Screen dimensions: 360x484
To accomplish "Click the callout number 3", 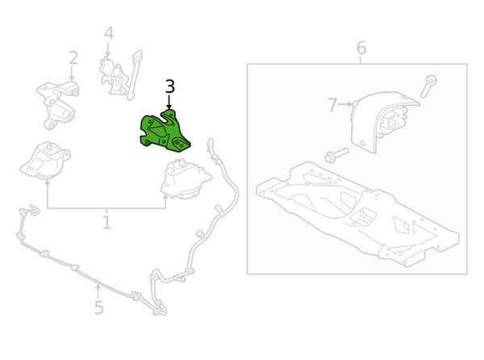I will point(169,86).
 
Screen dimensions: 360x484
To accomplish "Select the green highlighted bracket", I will point(165,132).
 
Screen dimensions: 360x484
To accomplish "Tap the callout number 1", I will point(106,221).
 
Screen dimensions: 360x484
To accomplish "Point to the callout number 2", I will point(73,58).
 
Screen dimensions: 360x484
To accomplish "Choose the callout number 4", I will point(109,33).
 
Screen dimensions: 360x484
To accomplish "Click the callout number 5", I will point(98,308).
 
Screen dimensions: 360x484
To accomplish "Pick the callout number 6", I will point(361,48).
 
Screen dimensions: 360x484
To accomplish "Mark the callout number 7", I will point(332,105).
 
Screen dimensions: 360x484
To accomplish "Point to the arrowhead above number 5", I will point(98,285).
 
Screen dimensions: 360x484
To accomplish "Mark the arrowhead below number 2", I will point(73,77).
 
